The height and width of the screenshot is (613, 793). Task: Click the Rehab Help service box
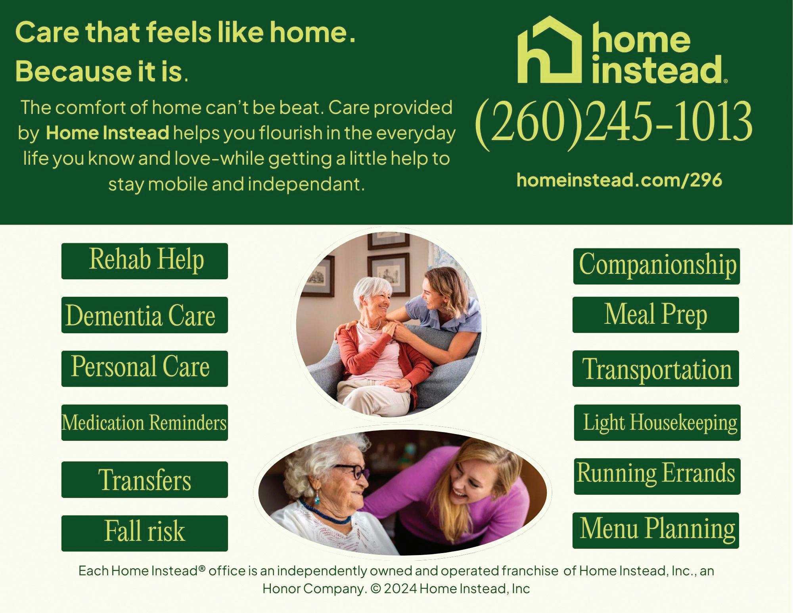click(145, 261)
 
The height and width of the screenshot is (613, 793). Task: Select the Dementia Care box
click(145, 315)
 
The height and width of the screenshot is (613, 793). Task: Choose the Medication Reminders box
click(145, 423)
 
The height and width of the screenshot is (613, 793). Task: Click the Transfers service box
click(145, 480)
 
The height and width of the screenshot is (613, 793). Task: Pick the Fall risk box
click(145, 533)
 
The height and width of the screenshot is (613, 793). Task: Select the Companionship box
click(657, 266)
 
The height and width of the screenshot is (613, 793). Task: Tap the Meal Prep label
click(656, 315)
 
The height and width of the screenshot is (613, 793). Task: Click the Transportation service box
click(656, 369)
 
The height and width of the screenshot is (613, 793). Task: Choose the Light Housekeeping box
click(657, 423)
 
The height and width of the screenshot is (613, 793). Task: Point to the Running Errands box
click(657, 477)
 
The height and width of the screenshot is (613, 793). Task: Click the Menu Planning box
click(656, 530)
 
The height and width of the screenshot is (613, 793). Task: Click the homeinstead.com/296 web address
click(619, 181)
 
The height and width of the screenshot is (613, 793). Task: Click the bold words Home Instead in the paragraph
click(108, 133)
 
